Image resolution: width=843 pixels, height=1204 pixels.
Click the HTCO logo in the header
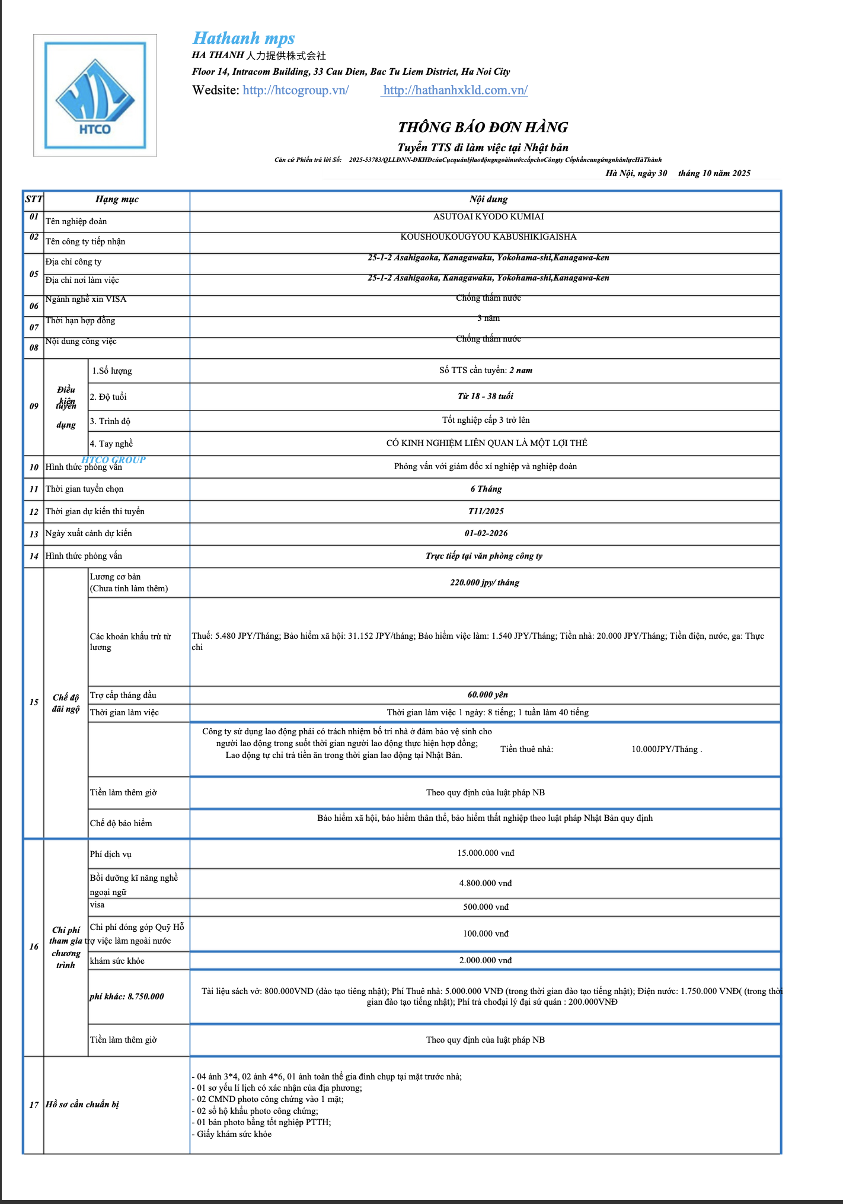click(x=95, y=95)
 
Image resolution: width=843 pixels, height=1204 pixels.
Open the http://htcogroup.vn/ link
click(x=295, y=90)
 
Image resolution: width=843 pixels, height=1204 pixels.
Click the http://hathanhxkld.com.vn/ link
click(x=455, y=90)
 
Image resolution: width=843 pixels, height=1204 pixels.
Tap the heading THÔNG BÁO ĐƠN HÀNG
click(x=483, y=128)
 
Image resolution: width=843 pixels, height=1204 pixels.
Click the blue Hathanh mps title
click(x=244, y=39)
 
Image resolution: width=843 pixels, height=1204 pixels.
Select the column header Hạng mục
click(x=117, y=199)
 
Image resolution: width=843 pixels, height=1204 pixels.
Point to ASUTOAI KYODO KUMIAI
click(x=488, y=216)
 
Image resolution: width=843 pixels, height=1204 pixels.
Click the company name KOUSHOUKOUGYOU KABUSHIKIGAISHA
click(x=488, y=237)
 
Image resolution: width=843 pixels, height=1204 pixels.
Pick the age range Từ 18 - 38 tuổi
click(x=485, y=396)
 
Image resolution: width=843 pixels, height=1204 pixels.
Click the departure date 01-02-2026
click(x=486, y=533)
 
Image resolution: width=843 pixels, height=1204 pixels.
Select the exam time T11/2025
click(x=486, y=511)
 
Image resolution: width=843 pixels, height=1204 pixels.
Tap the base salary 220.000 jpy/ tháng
click(x=484, y=582)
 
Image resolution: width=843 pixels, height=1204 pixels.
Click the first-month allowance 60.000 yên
click(x=487, y=695)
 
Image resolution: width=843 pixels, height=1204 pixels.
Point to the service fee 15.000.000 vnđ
click(x=486, y=853)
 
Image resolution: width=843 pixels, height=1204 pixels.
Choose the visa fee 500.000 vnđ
click(x=486, y=907)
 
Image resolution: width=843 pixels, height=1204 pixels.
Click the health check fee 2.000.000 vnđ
click(x=485, y=960)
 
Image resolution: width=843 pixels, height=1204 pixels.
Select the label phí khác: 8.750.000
click(x=127, y=996)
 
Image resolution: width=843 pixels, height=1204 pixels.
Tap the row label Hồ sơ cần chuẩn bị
click(x=82, y=1104)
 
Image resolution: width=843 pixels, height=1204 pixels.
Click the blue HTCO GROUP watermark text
click(x=113, y=460)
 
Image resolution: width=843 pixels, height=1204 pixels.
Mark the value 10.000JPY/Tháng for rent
click(x=666, y=749)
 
